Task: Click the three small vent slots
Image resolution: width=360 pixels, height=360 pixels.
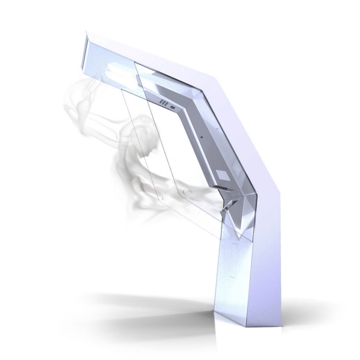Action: [163, 104]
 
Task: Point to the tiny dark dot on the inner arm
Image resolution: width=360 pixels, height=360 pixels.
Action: [202, 137]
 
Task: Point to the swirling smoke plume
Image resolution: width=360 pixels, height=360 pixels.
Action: [129, 149]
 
